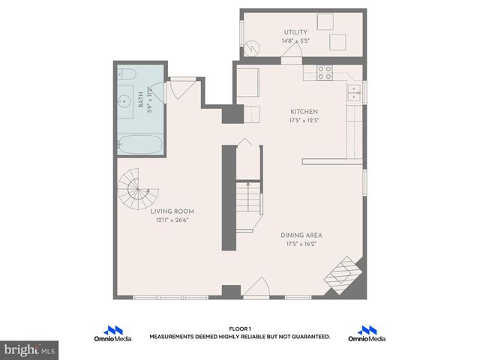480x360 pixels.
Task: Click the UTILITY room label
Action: [x=295, y=31]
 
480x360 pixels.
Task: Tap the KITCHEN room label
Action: [x=304, y=112]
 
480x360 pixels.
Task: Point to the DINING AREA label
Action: [x=302, y=235]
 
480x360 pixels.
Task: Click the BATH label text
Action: [x=140, y=100]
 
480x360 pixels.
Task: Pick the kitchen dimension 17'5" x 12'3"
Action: [x=304, y=120]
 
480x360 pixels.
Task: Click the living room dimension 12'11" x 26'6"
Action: [x=172, y=220]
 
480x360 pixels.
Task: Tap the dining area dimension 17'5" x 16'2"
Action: [x=302, y=244]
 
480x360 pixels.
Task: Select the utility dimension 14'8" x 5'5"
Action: [x=295, y=40]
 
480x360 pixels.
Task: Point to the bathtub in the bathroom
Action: [x=139, y=144]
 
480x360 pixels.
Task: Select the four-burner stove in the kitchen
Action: [x=325, y=73]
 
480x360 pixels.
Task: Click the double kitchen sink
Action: [x=353, y=93]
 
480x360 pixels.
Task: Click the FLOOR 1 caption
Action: [x=239, y=328]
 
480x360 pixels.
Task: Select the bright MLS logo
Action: [x=30, y=350]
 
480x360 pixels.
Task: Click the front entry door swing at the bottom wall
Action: [x=257, y=287]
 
